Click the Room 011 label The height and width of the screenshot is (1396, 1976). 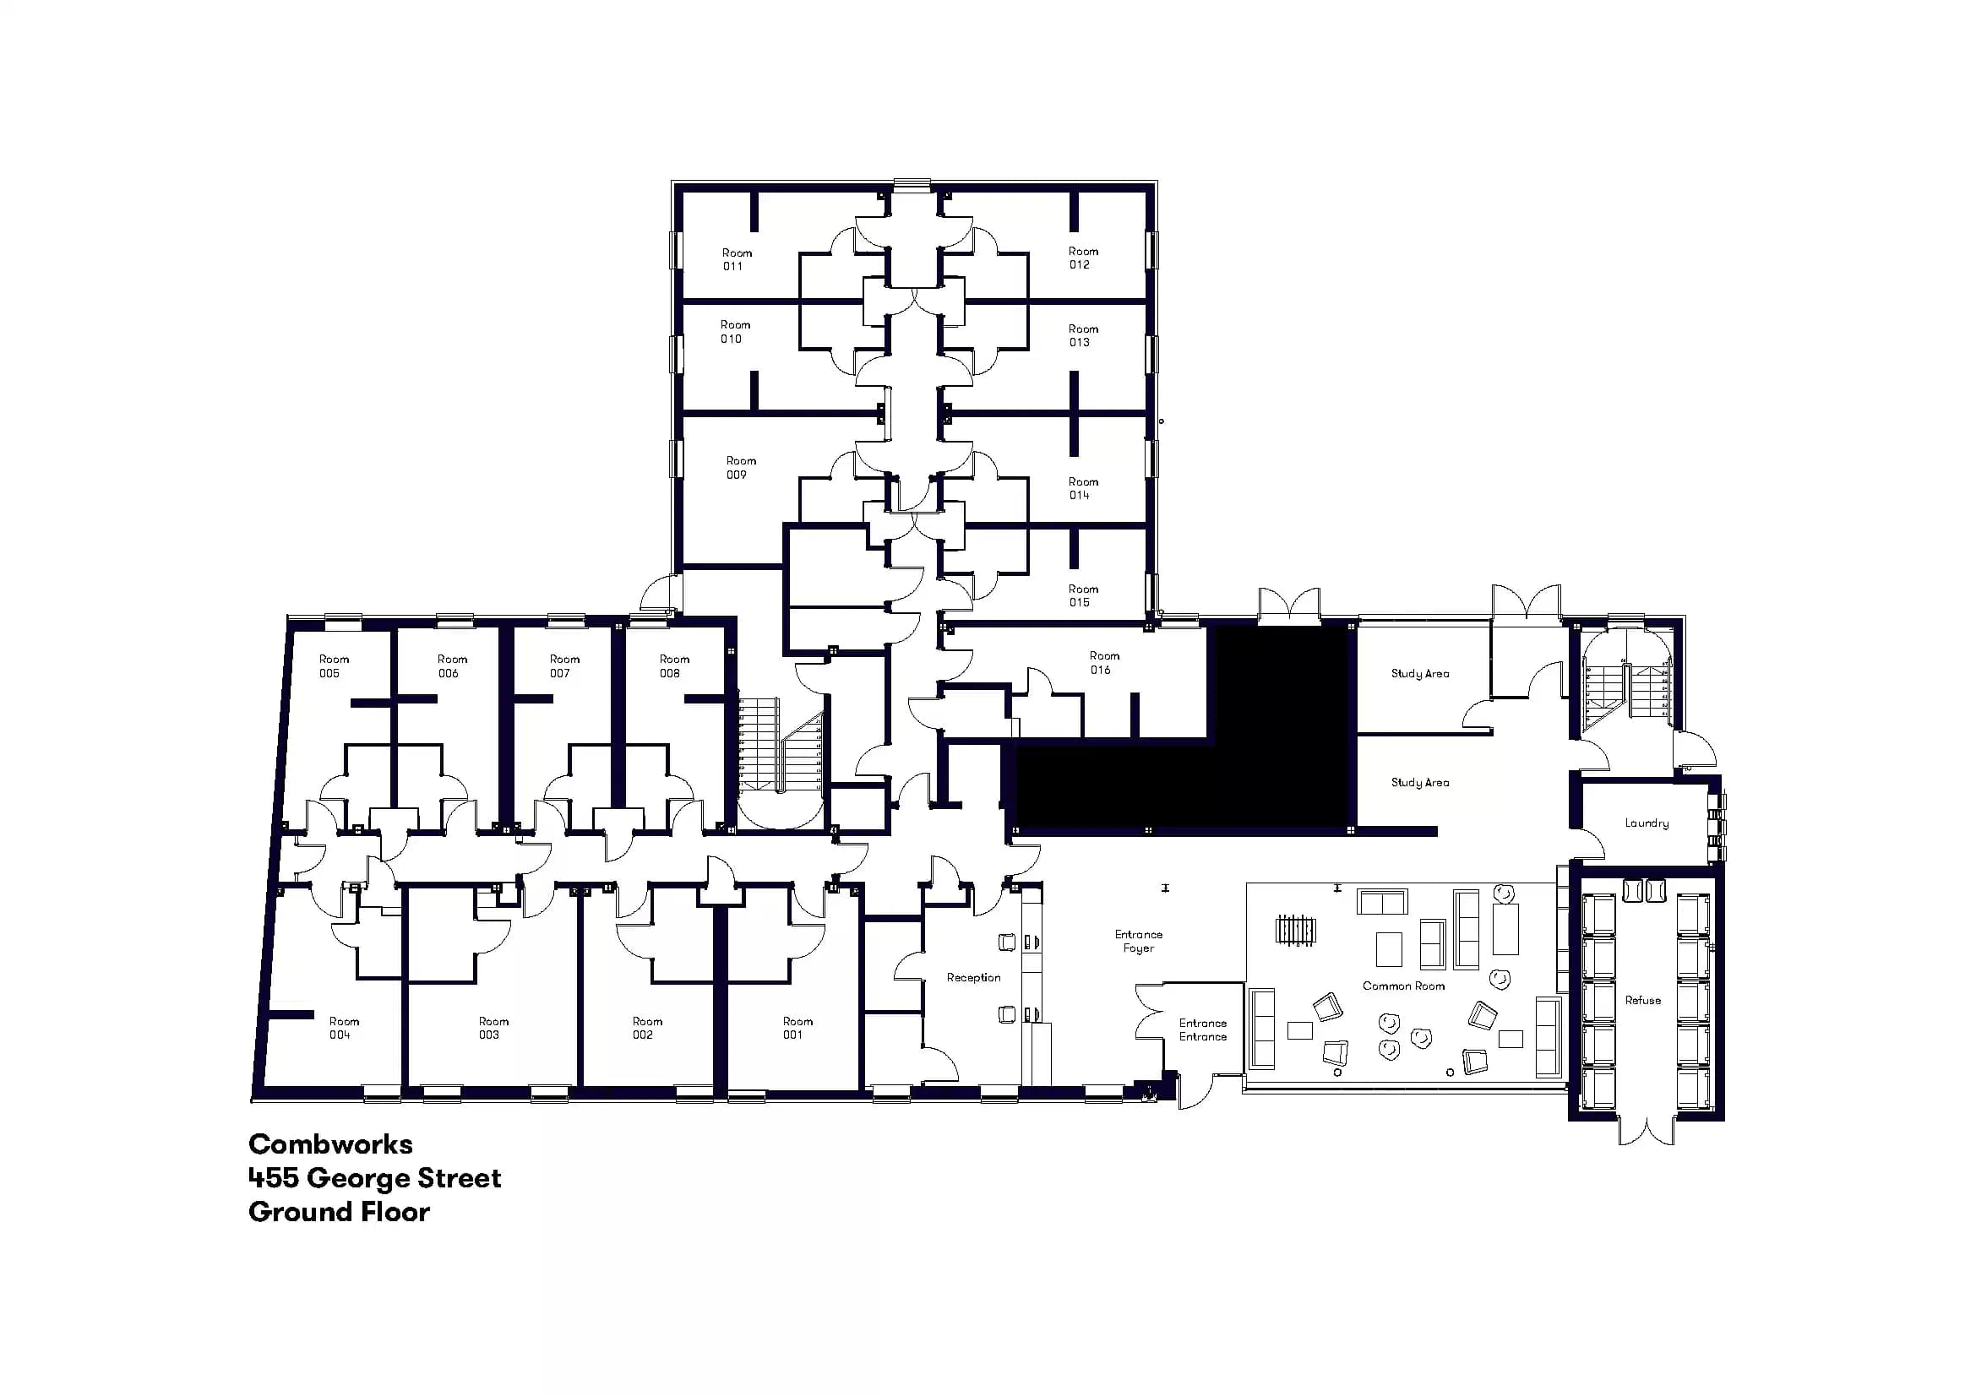tap(736, 260)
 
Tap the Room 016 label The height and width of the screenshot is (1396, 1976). tap(1103, 662)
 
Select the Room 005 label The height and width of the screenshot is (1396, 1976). tap(333, 665)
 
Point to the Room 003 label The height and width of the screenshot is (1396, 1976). tap(493, 1028)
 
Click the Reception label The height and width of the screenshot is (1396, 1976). tap(973, 977)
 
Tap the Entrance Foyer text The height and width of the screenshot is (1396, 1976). tap(1138, 941)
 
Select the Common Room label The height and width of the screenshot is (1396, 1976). tap(1403, 986)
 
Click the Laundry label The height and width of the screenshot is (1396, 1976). tap(1646, 823)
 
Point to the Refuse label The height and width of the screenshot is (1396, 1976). tap(1642, 1000)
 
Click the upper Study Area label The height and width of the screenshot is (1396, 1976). tap(1419, 673)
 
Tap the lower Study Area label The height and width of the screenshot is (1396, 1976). tap(1419, 782)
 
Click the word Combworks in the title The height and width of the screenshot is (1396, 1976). tap(330, 1144)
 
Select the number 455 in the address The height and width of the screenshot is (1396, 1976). tap(273, 1177)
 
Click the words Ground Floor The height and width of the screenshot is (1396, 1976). tap(339, 1212)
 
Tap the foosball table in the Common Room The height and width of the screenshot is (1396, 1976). tap(1295, 931)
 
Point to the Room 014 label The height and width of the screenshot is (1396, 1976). tap(1083, 488)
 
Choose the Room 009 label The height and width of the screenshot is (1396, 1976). tap(740, 467)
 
